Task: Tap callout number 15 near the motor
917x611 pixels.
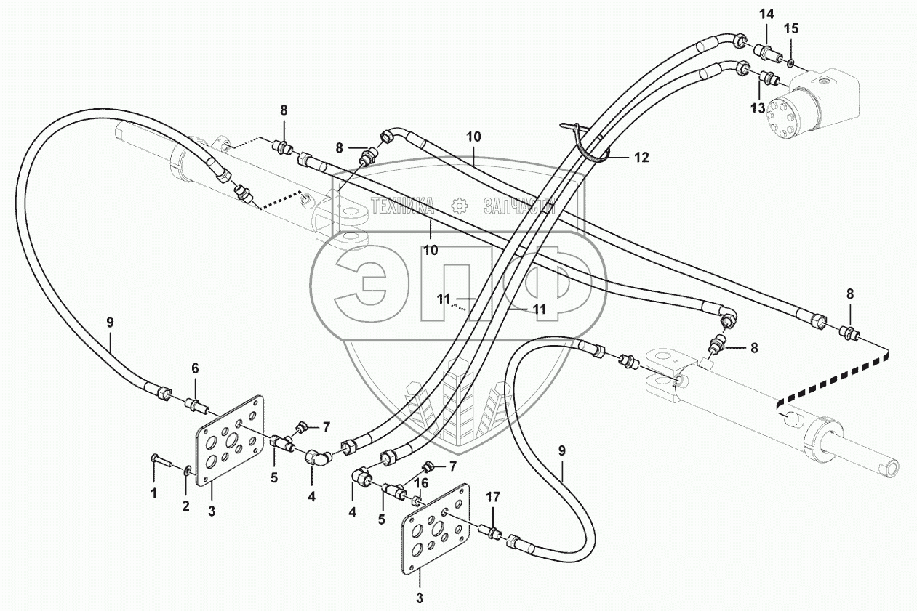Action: click(791, 28)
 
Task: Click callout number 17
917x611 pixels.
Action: click(493, 498)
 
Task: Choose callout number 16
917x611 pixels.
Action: click(420, 482)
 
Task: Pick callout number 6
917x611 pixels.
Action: click(195, 369)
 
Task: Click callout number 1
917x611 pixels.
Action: click(153, 494)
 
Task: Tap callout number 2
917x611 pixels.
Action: click(185, 506)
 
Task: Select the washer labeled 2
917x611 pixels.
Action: click(188, 472)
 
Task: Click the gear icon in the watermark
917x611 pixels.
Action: click(458, 206)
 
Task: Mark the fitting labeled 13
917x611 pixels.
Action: click(769, 78)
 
